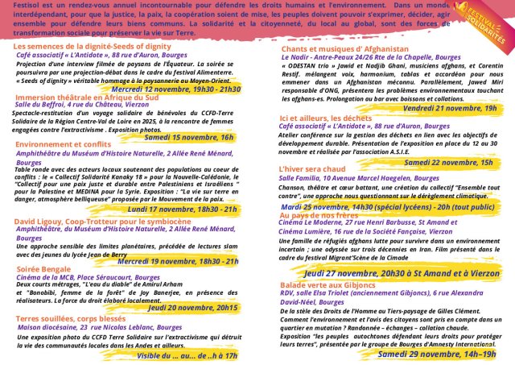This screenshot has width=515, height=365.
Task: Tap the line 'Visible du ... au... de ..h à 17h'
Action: pyautogui.click(x=188, y=355)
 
